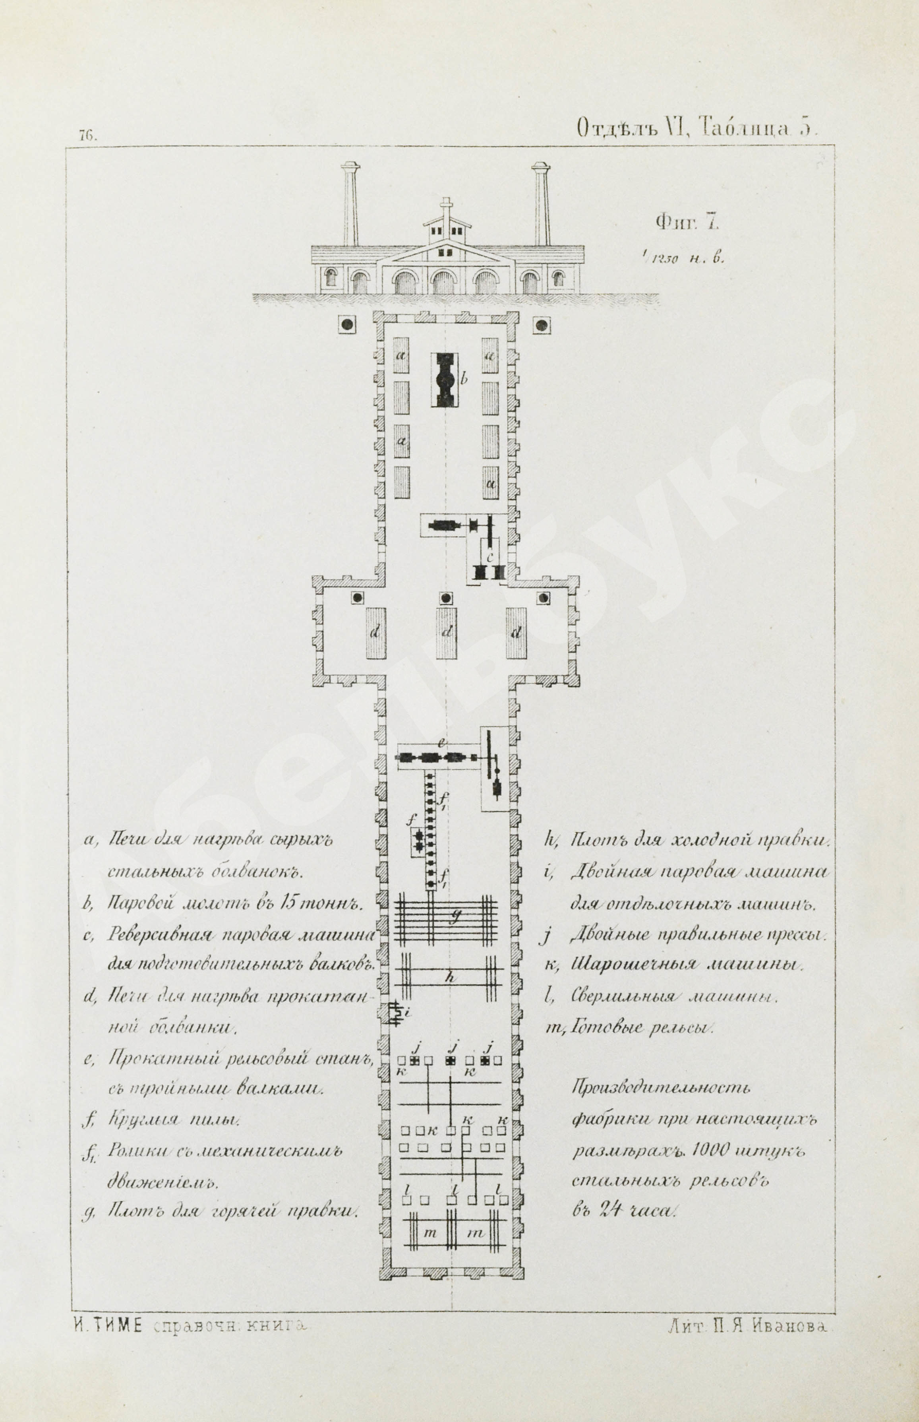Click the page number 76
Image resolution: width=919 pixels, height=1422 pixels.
(x=87, y=135)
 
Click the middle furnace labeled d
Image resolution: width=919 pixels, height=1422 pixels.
(x=446, y=633)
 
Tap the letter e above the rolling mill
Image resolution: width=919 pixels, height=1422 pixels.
(x=442, y=743)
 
